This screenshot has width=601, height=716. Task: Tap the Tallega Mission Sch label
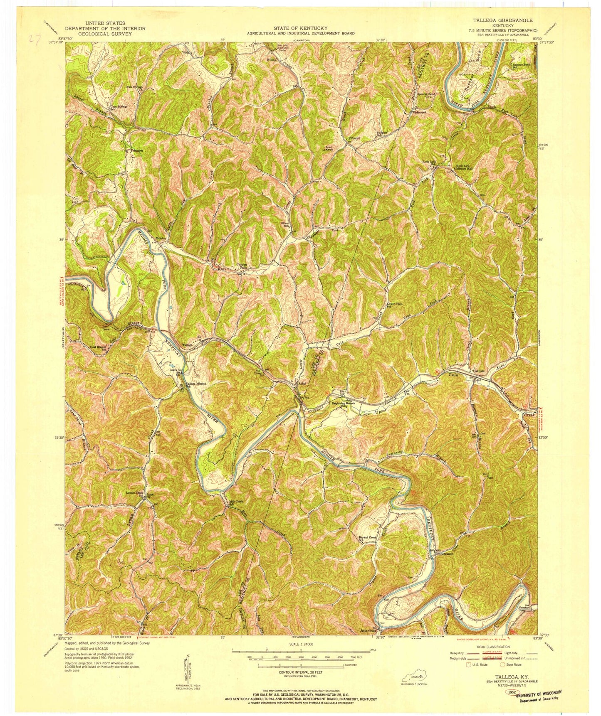(x=195, y=385)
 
